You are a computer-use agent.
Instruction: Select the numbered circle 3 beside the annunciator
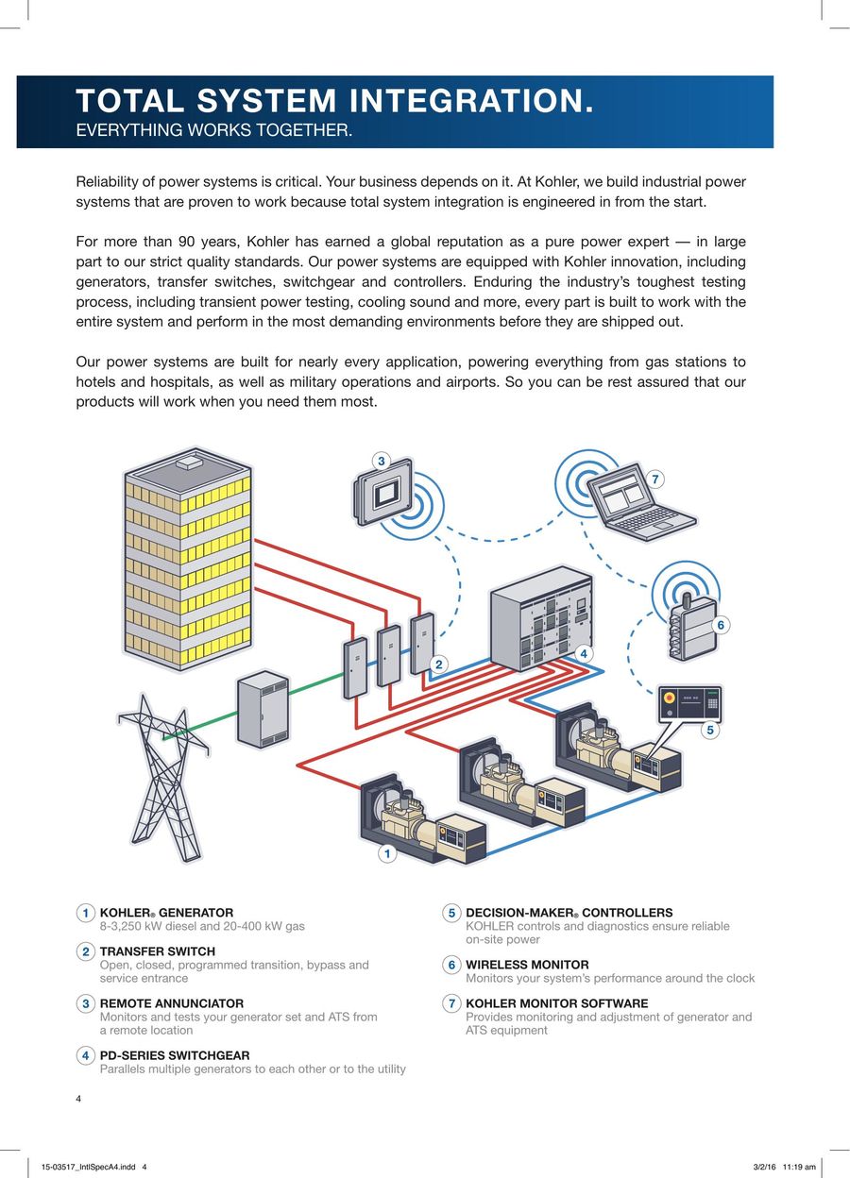point(381,462)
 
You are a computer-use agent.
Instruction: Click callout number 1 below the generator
point(387,853)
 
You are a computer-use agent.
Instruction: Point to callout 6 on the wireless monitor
point(721,625)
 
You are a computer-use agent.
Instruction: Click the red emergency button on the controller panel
point(670,698)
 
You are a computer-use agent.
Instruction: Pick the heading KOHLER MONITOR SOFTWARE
point(557,1003)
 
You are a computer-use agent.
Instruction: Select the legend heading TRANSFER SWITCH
point(158,951)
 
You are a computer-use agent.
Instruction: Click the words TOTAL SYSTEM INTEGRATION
point(335,100)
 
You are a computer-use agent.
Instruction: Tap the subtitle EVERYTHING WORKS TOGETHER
point(214,130)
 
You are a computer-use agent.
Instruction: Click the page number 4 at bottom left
point(78,1099)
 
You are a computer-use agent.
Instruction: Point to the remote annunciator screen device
point(382,492)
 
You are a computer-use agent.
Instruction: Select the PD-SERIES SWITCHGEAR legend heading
point(175,1055)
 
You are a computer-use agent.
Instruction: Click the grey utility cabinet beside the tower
point(263,709)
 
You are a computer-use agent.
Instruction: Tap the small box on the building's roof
point(189,463)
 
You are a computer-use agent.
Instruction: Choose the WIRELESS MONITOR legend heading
point(527,965)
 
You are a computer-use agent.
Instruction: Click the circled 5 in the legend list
point(451,913)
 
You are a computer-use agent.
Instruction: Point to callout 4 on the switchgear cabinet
point(583,654)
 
